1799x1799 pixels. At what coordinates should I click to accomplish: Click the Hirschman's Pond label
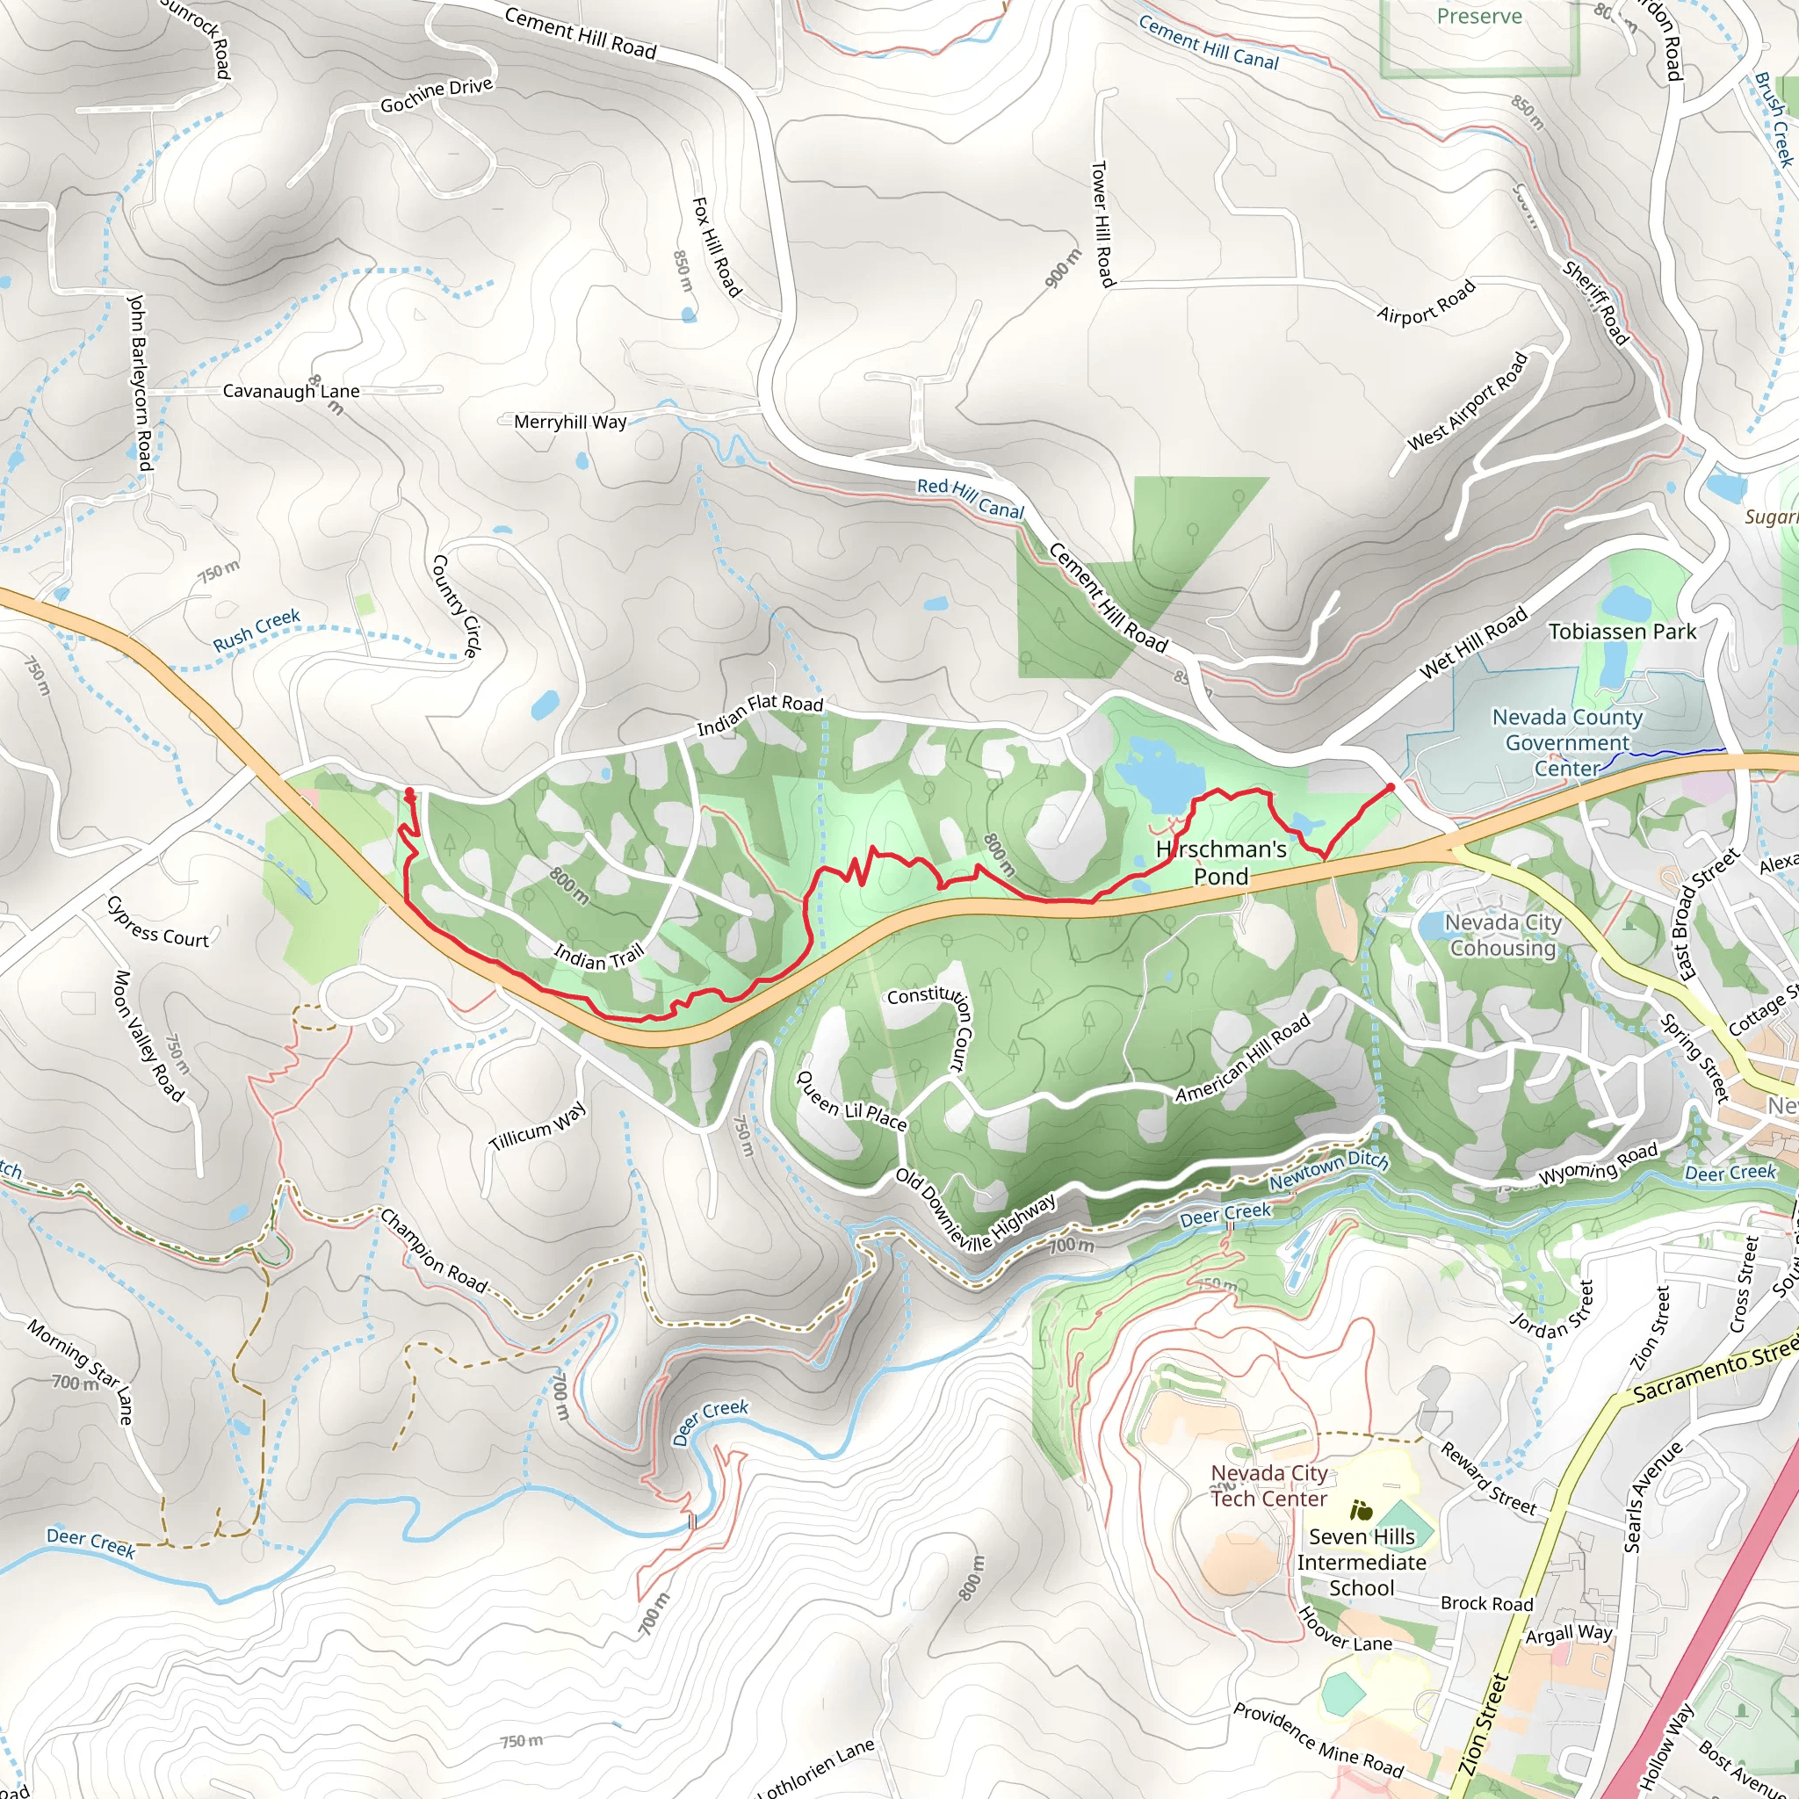pyautogui.click(x=1221, y=863)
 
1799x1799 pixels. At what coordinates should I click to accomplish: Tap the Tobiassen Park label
pyautogui.click(x=1622, y=632)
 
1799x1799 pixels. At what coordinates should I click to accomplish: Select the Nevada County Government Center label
pyautogui.click(x=1567, y=742)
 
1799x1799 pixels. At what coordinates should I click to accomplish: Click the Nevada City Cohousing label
pyautogui.click(x=1503, y=935)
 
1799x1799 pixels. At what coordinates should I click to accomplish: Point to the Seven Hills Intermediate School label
pyautogui.click(x=1362, y=1563)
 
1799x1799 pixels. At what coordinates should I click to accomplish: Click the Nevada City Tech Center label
pyautogui.click(x=1268, y=1485)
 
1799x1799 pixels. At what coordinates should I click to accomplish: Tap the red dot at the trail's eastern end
pyautogui.click(x=1391, y=788)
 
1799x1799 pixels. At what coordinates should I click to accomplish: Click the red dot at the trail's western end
pyautogui.click(x=408, y=791)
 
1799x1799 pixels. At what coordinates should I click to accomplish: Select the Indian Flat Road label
pyautogui.click(x=760, y=713)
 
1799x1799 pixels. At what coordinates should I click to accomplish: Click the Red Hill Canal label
pyautogui.click(x=971, y=498)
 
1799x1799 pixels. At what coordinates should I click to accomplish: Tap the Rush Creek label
pyautogui.click(x=256, y=631)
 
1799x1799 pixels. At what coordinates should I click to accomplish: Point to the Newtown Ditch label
pyautogui.click(x=1329, y=1170)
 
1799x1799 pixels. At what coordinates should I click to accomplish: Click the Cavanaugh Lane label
pyautogui.click(x=291, y=391)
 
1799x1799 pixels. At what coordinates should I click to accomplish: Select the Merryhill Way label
pyautogui.click(x=570, y=422)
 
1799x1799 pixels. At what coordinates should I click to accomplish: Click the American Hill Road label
pyautogui.click(x=1242, y=1058)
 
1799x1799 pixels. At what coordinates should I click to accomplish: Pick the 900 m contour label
pyautogui.click(x=1063, y=268)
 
